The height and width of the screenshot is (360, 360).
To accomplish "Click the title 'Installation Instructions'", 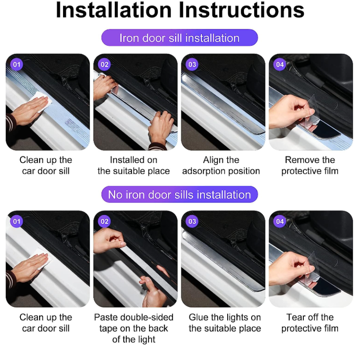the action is point(180,10).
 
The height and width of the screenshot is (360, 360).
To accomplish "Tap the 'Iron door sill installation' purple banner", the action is point(180,38).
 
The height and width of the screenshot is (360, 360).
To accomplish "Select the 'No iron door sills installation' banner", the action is point(180,194).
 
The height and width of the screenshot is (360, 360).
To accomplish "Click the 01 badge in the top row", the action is point(17,64).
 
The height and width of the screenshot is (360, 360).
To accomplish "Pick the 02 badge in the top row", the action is point(104,64).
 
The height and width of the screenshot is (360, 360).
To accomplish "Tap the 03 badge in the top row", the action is point(192,64).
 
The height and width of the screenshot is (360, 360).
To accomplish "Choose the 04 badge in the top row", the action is point(280,64).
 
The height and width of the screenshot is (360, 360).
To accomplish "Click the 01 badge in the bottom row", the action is point(17,221).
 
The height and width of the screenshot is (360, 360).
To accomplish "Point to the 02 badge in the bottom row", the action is point(104,221).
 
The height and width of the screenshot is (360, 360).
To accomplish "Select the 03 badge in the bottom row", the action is point(192,221).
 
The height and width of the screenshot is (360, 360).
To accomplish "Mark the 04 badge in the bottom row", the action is point(280,221).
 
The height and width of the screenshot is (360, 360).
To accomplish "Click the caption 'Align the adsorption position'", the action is point(221,165).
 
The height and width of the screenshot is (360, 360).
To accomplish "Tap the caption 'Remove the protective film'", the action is point(310,165).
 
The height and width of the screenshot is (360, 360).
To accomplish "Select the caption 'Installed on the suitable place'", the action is point(134,165).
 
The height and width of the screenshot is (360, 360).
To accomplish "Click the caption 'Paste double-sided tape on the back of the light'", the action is point(134,328).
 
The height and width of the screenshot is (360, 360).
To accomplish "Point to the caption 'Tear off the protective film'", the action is point(310,323).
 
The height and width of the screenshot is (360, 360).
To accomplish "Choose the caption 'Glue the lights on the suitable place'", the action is point(225,323).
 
